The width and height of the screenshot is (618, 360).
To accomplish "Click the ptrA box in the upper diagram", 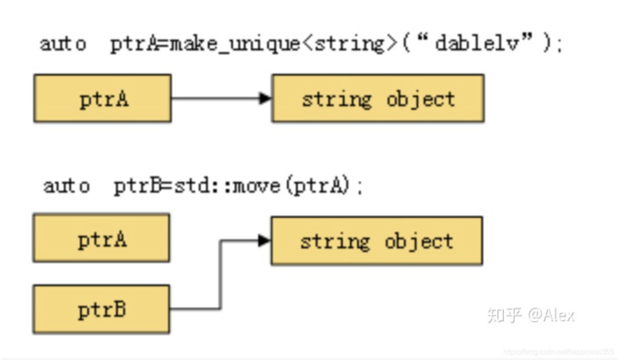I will tap(103, 99).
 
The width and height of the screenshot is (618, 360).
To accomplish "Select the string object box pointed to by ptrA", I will tap(378, 99).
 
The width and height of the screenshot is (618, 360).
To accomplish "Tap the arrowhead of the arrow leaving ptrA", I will tap(266, 99).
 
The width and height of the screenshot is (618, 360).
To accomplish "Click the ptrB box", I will tap(101, 310).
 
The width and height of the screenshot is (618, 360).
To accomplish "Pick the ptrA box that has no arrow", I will tap(101, 238).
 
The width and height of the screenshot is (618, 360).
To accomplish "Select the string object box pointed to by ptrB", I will tap(376, 241).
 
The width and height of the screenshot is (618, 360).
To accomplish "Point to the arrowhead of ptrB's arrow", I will tap(264, 241).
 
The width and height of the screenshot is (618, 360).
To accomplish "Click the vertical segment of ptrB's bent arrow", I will tap(220, 274).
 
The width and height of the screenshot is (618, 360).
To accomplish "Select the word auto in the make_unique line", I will tap(63, 44).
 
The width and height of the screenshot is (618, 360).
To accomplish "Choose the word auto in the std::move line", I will tap(66, 186).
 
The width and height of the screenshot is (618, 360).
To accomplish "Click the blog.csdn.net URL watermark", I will tap(558, 351).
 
